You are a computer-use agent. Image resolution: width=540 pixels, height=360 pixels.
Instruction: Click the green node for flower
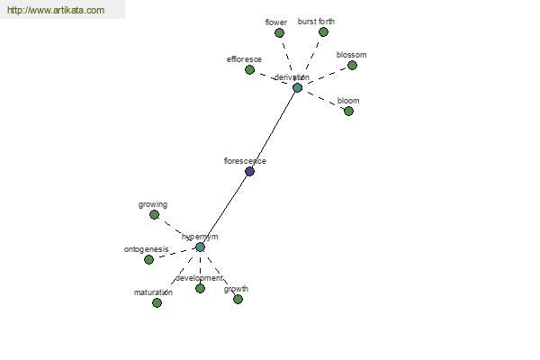[279, 33]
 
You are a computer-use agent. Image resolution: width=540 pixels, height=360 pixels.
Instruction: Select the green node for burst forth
[323, 31]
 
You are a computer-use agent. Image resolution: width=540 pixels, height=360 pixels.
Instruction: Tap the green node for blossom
[352, 66]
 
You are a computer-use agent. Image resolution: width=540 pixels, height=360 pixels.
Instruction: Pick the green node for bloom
[348, 111]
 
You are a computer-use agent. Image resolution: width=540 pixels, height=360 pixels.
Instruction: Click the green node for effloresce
[250, 69]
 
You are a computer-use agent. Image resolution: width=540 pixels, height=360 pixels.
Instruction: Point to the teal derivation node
[297, 87]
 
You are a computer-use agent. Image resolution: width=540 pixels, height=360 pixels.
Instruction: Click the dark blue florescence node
[249, 171]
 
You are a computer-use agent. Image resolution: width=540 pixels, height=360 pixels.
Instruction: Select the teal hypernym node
[200, 247]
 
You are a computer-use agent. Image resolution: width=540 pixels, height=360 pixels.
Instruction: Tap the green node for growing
[154, 215]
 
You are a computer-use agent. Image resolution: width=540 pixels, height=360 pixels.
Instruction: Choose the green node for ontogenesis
[148, 260]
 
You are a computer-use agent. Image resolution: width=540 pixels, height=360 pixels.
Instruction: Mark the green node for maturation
[157, 302]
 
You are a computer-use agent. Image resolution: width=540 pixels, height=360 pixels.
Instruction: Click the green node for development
[200, 289]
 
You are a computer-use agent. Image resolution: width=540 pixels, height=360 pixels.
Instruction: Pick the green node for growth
[238, 299]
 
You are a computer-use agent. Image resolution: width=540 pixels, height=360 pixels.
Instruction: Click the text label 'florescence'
[245, 161]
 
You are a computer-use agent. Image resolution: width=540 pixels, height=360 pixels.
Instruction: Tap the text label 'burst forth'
[316, 21]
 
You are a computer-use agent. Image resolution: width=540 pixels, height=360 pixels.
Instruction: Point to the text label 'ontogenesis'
[146, 249]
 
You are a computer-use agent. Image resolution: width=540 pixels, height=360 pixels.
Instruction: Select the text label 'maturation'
[153, 292]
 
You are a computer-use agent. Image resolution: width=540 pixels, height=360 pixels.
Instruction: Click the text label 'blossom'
[351, 55]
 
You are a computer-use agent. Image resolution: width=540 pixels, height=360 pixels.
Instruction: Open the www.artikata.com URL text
[55, 10]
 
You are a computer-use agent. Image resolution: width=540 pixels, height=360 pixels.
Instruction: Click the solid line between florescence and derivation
[274, 129]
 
